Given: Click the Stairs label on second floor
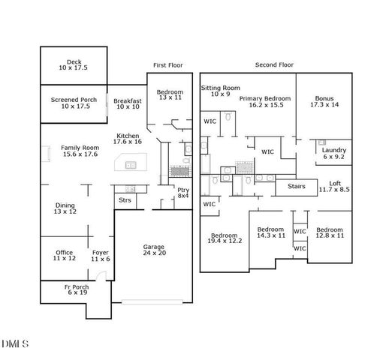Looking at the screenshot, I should [297, 186].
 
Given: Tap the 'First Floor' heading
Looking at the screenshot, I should [168, 65].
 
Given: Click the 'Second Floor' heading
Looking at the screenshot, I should [274, 65].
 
